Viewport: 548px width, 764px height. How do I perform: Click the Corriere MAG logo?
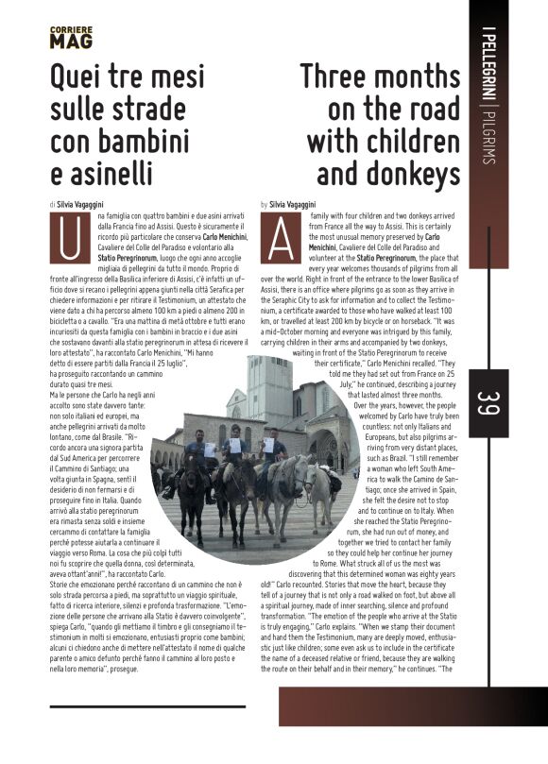click(x=71, y=38)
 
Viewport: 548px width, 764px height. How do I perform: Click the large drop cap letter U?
click(x=69, y=237)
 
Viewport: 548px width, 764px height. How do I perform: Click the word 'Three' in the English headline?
click(x=339, y=77)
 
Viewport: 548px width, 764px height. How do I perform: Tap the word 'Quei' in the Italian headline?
click(x=80, y=77)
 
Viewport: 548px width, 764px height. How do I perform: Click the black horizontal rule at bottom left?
click(x=147, y=705)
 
